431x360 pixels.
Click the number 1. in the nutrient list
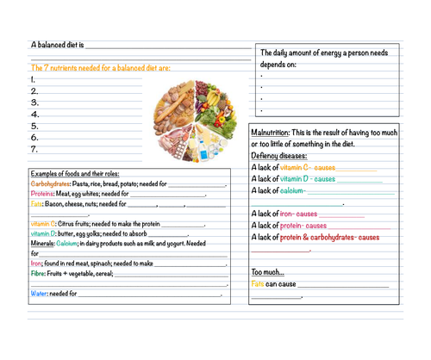pos(34,79)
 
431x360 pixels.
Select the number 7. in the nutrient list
pos(34,148)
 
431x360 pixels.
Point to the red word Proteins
pos(42,194)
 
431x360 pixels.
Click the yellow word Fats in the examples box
pos(36,204)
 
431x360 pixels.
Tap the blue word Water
pos(39,294)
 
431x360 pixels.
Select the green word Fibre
pos(38,274)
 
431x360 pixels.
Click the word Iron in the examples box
pos(35,264)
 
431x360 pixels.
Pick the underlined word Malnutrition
pos(270,133)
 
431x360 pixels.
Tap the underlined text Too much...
pos(267,272)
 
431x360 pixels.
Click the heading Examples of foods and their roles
pos(73,173)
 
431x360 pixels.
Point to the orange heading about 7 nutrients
pos(100,67)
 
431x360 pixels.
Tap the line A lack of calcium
pos(279,190)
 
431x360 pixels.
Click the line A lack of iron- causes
pos(285,214)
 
